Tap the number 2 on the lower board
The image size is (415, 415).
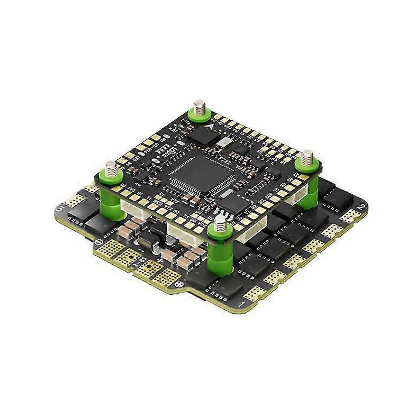(x=362, y=208)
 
